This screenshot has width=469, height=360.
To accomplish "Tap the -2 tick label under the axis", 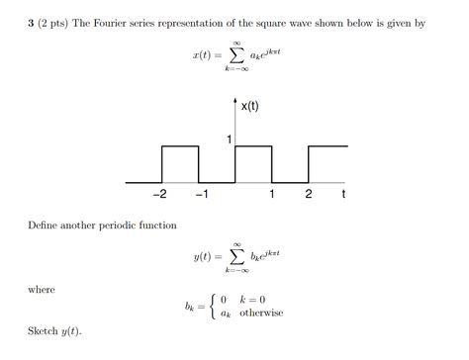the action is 159,195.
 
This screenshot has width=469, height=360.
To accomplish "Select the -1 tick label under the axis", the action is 200,195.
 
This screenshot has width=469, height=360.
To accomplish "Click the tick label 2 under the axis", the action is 309,195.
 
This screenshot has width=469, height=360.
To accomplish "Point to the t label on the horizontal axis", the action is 343,195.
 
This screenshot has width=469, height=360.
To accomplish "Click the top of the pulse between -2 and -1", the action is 179,147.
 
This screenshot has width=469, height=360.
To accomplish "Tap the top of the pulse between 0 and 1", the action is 253,147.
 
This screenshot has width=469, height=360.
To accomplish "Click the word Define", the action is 46,225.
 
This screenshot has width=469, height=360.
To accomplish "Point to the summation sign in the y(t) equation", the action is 236,256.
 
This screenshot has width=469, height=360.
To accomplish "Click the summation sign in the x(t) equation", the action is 236,59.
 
